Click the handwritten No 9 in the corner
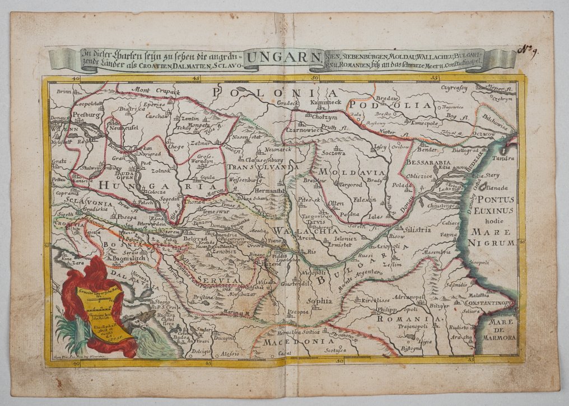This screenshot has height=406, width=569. tap(527, 51)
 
